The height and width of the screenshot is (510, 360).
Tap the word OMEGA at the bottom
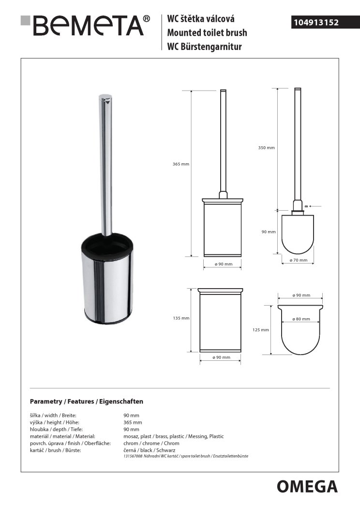point(307,486)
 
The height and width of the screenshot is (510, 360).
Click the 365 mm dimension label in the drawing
point(180,164)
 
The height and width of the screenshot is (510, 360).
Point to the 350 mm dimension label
point(266,147)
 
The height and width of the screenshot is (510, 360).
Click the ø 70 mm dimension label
point(299,260)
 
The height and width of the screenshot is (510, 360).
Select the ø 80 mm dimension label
point(301,319)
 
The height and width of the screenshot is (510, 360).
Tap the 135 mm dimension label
point(180,318)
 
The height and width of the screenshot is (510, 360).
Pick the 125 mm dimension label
point(260,330)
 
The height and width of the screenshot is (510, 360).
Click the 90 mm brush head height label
point(268,232)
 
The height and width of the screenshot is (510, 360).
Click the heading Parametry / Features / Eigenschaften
point(87,402)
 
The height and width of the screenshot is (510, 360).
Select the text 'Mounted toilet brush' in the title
point(207,33)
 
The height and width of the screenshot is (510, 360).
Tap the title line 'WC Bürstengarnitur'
point(204,46)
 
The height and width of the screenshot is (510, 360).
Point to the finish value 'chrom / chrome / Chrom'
point(151,443)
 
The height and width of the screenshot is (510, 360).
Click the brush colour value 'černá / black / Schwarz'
point(150,450)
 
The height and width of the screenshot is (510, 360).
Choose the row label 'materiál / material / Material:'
point(62,436)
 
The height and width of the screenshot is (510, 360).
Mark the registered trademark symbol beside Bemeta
point(147,19)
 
